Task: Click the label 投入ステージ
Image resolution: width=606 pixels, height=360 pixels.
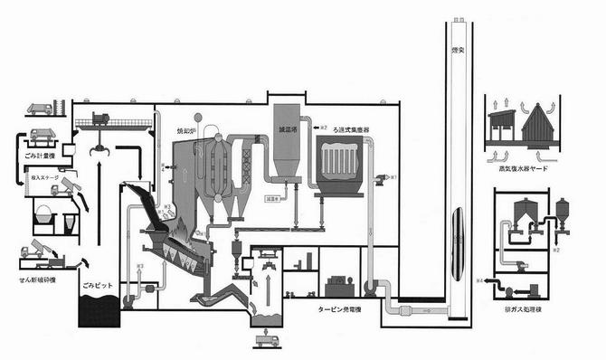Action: tap(46, 179)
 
